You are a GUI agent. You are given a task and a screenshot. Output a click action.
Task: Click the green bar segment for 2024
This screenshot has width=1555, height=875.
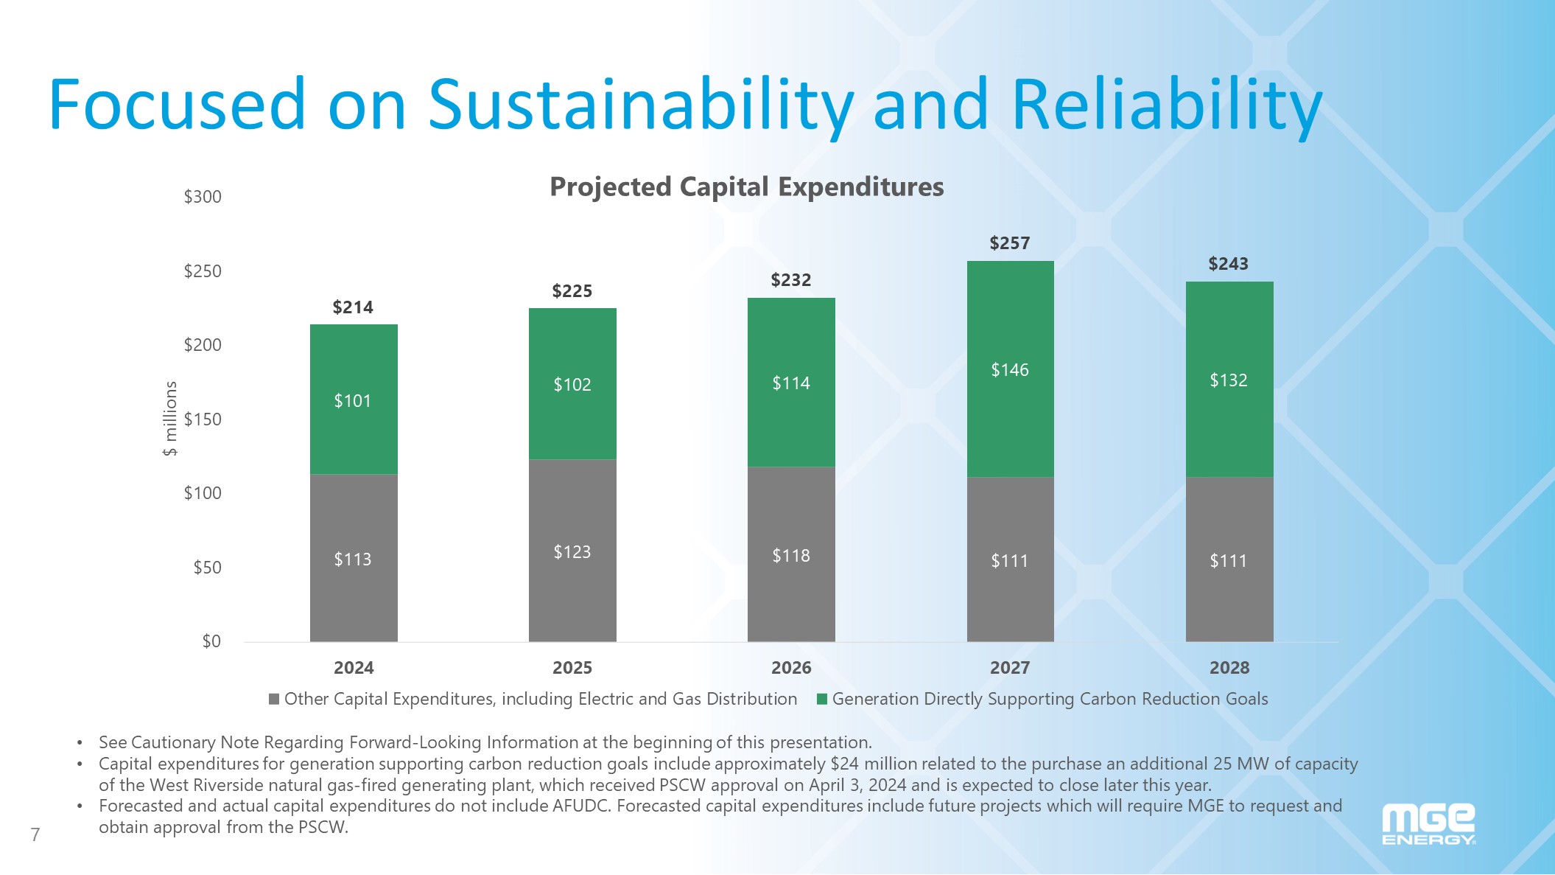(354, 399)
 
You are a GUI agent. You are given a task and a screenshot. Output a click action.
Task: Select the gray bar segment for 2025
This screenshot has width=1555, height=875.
(572, 550)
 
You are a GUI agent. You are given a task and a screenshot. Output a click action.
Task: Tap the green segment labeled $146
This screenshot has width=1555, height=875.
(1010, 369)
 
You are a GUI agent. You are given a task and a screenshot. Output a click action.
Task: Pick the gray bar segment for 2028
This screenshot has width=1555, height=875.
(1229, 559)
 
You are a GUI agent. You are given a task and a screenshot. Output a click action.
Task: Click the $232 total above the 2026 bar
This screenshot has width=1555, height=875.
(790, 280)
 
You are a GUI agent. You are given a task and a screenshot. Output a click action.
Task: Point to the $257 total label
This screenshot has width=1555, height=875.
(1009, 243)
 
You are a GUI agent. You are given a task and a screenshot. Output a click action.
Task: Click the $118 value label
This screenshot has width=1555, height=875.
(790, 556)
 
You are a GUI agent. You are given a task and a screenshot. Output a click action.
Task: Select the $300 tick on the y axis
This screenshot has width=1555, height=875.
(203, 197)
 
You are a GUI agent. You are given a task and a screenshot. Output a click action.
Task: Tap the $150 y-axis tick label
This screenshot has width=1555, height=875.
(203, 419)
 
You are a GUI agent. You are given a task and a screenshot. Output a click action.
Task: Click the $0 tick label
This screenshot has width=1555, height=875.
(211, 641)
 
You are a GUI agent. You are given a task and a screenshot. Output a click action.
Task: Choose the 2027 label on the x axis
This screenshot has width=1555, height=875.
(1009, 668)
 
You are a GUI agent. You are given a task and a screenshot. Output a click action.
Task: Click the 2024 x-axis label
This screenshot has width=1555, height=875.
(354, 668)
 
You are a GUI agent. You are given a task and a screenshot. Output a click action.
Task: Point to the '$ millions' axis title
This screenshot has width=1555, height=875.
(170, 419)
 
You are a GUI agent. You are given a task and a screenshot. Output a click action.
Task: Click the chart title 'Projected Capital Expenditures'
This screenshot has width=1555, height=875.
(746, 187)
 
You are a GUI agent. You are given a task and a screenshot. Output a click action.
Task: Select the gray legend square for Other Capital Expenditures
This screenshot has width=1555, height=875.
(274, 699)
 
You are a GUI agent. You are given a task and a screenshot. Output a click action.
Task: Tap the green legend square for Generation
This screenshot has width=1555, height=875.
(822, 699)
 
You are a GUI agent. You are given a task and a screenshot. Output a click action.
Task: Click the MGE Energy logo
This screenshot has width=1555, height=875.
(1428, 825)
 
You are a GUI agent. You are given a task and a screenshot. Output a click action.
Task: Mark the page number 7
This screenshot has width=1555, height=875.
(35, 834)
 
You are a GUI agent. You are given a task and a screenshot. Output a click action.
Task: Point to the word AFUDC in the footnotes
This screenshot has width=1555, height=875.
(581, 806)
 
